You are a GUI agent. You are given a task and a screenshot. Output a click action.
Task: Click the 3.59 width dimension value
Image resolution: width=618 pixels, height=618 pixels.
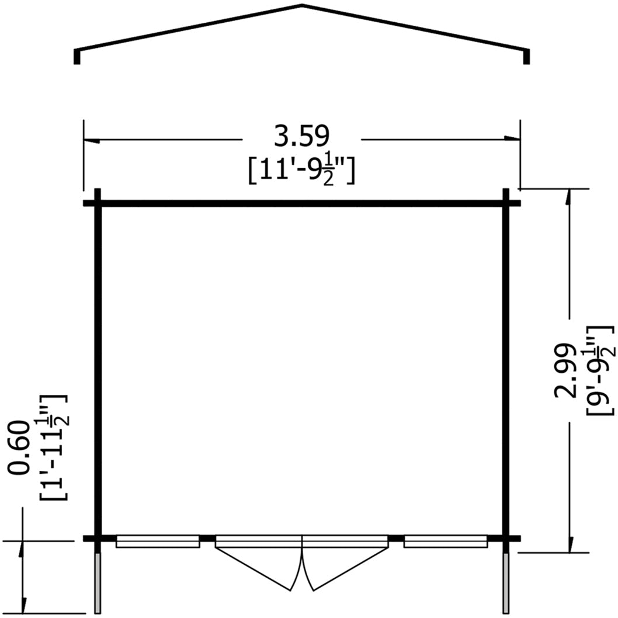tap(301, 137)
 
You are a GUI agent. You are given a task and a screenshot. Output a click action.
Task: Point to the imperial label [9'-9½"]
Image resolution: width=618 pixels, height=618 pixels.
tap(600, 370)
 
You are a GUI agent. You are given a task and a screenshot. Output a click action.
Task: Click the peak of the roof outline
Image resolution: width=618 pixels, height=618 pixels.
tap(302, 5)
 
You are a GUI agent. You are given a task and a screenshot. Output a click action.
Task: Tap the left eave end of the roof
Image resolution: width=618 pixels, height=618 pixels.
tap(77, 56)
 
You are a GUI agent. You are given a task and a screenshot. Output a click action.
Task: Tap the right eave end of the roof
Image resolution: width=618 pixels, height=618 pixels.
tap(526, 56)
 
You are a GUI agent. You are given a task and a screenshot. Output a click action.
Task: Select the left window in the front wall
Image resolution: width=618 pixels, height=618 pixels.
tap(158, 541)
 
